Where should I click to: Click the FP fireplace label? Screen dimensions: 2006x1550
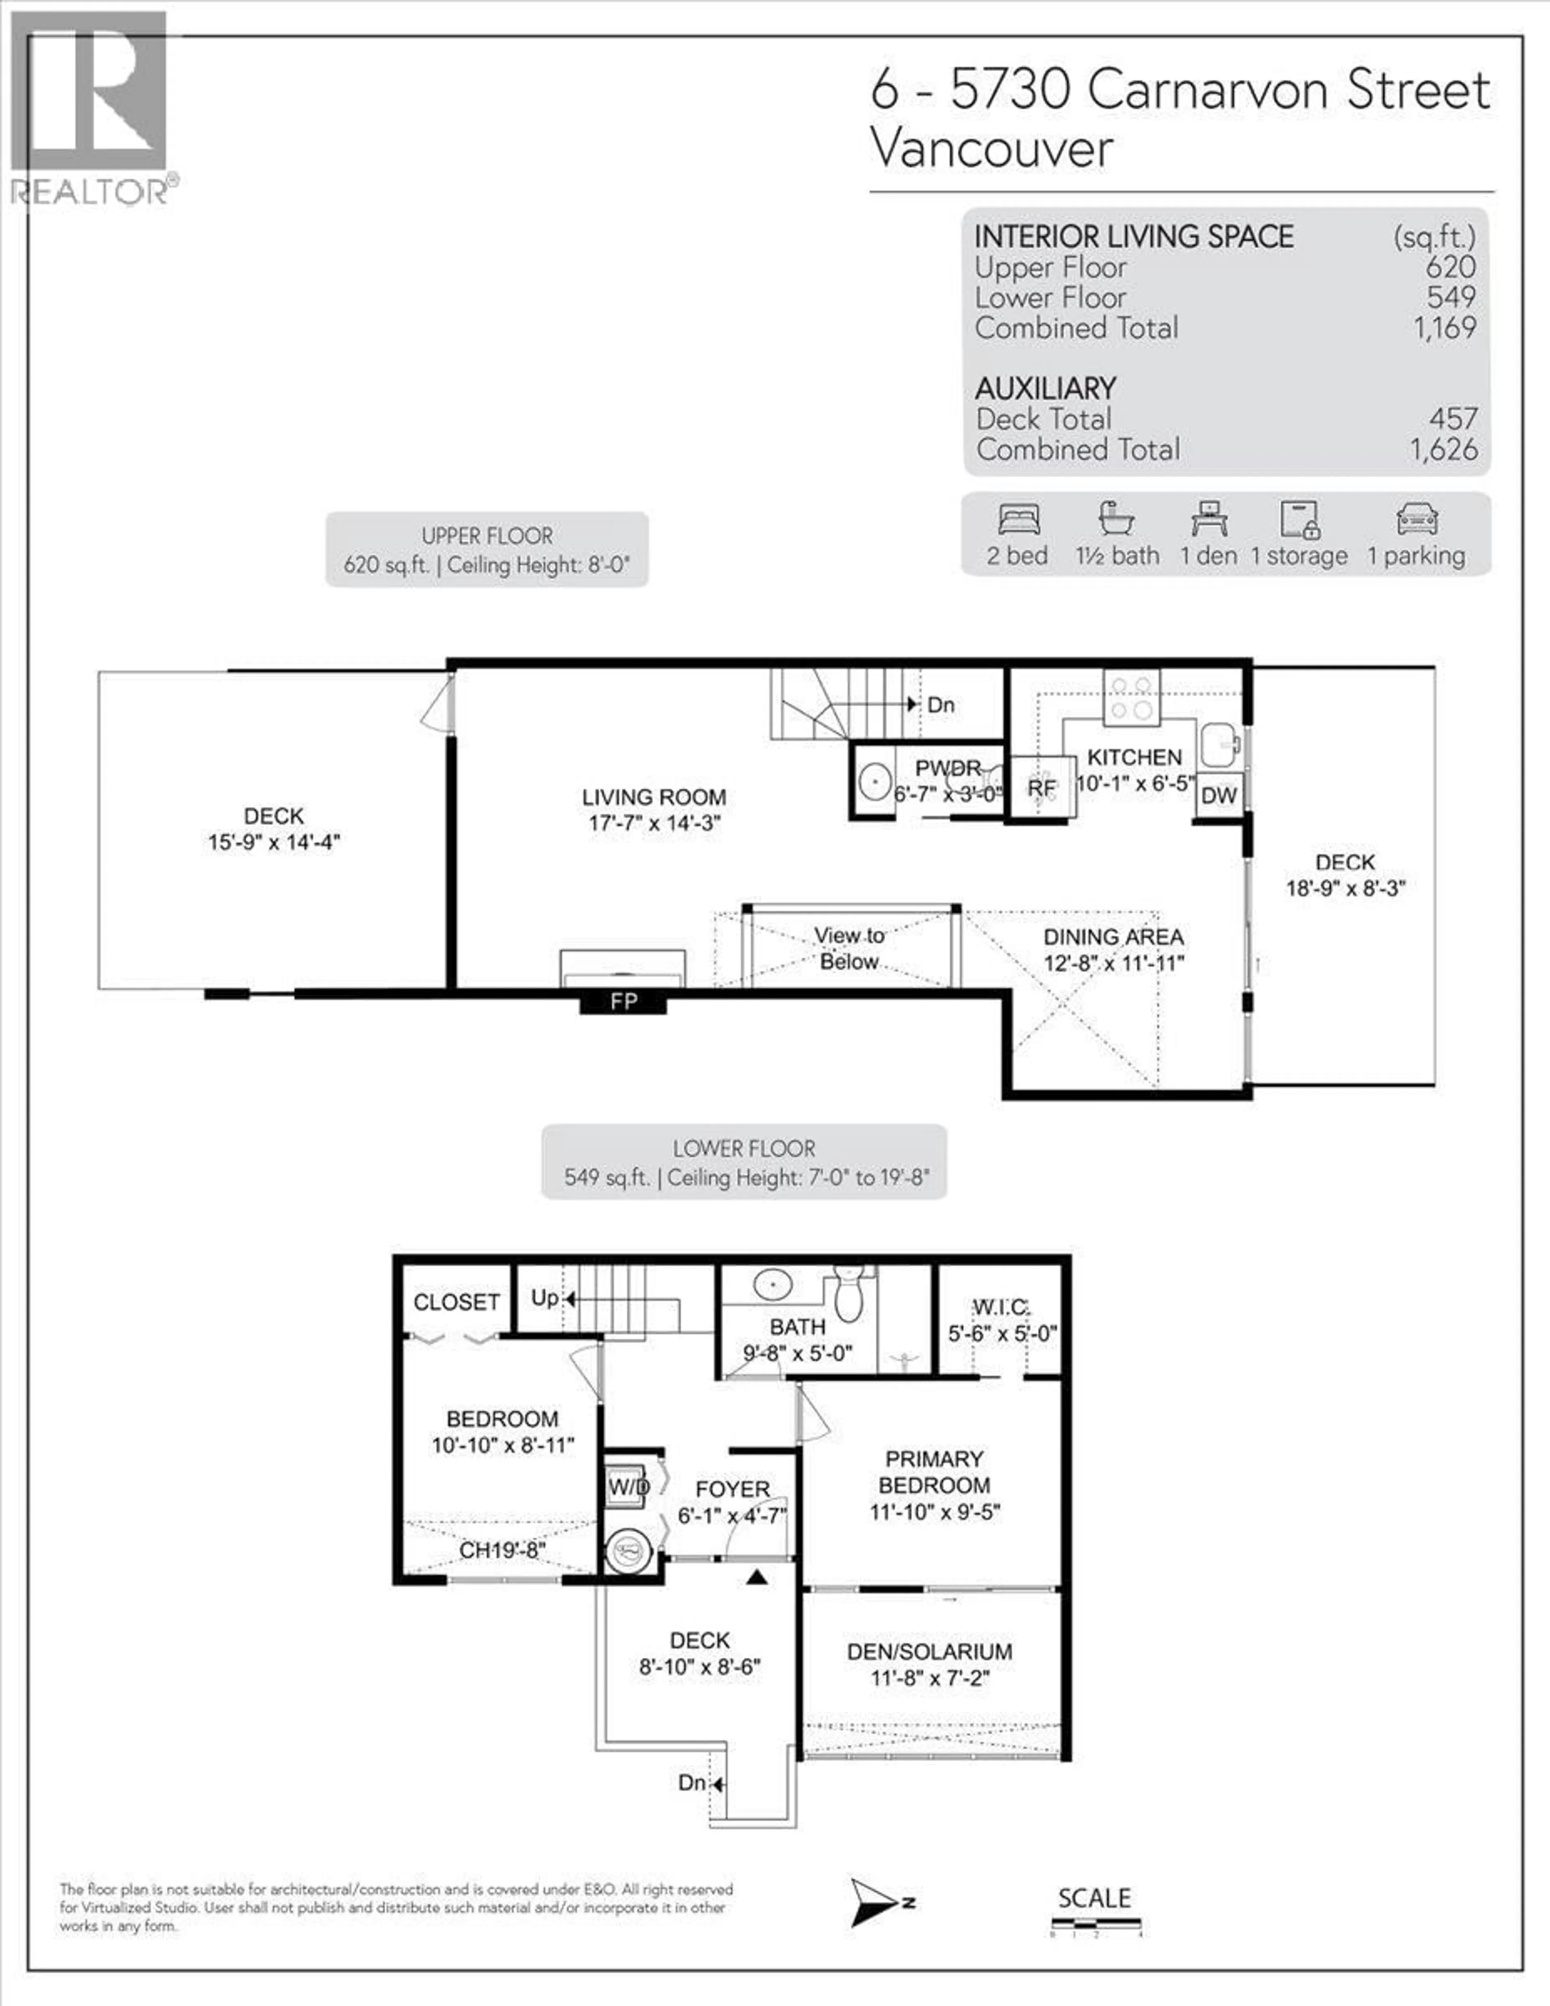coord(623,1001)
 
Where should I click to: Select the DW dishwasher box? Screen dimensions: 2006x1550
coord(1218,795)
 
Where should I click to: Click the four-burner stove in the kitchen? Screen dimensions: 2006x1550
coord(1131,697)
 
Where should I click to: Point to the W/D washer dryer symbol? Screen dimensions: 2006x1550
coord(628,1486)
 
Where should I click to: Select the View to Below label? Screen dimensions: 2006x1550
coord(849,948)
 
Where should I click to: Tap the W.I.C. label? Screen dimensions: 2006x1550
coord(1001,1306)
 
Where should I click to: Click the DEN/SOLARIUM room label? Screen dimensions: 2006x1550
coord(929,1651)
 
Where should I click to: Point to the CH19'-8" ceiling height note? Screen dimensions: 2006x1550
coord(502,1550)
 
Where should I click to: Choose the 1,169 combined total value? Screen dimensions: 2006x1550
coord(1444,328)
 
